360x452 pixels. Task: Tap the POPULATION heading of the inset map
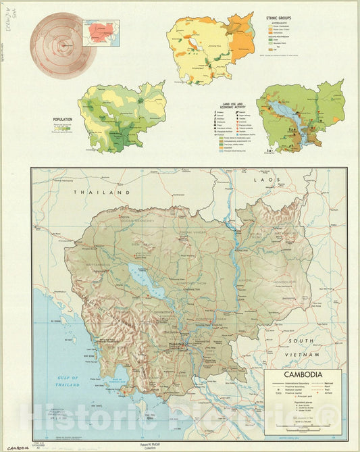[x=62, y=120]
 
